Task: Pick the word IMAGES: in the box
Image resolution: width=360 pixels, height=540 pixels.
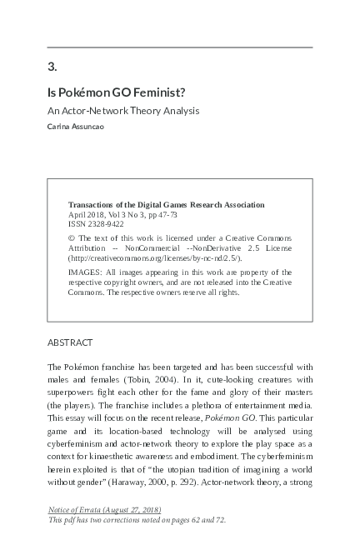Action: point(84,272)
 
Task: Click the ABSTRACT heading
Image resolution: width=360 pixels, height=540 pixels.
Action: point(70,342)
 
